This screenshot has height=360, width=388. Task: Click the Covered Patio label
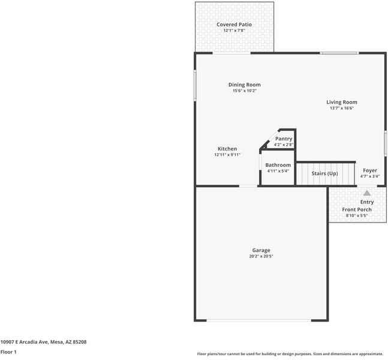click(234, 25)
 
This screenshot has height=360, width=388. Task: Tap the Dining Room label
click(244, 85)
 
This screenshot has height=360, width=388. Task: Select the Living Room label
click(341, 102)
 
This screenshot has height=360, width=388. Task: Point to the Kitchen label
click(227, 149)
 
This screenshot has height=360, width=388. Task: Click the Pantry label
click(283, 139)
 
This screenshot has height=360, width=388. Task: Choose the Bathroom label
click(278, 165)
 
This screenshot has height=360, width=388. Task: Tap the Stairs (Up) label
click(324, 173)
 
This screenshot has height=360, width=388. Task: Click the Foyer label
click(370, 170)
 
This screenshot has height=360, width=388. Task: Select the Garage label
click(261, 250)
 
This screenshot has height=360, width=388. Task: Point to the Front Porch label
click(357, 209)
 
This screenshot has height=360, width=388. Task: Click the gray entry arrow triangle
click(367, 193)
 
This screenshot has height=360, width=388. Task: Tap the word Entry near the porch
click(366, 202)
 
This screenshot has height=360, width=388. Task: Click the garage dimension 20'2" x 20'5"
click(261, 256)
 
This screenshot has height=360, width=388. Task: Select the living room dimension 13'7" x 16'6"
click(341, 109)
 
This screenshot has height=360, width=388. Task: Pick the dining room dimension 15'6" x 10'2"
click(244, 91)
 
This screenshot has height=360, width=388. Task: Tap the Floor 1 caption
click(8, 352)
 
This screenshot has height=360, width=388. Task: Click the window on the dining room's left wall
click(194, 86)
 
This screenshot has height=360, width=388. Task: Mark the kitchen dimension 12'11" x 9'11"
click(227, 155)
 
